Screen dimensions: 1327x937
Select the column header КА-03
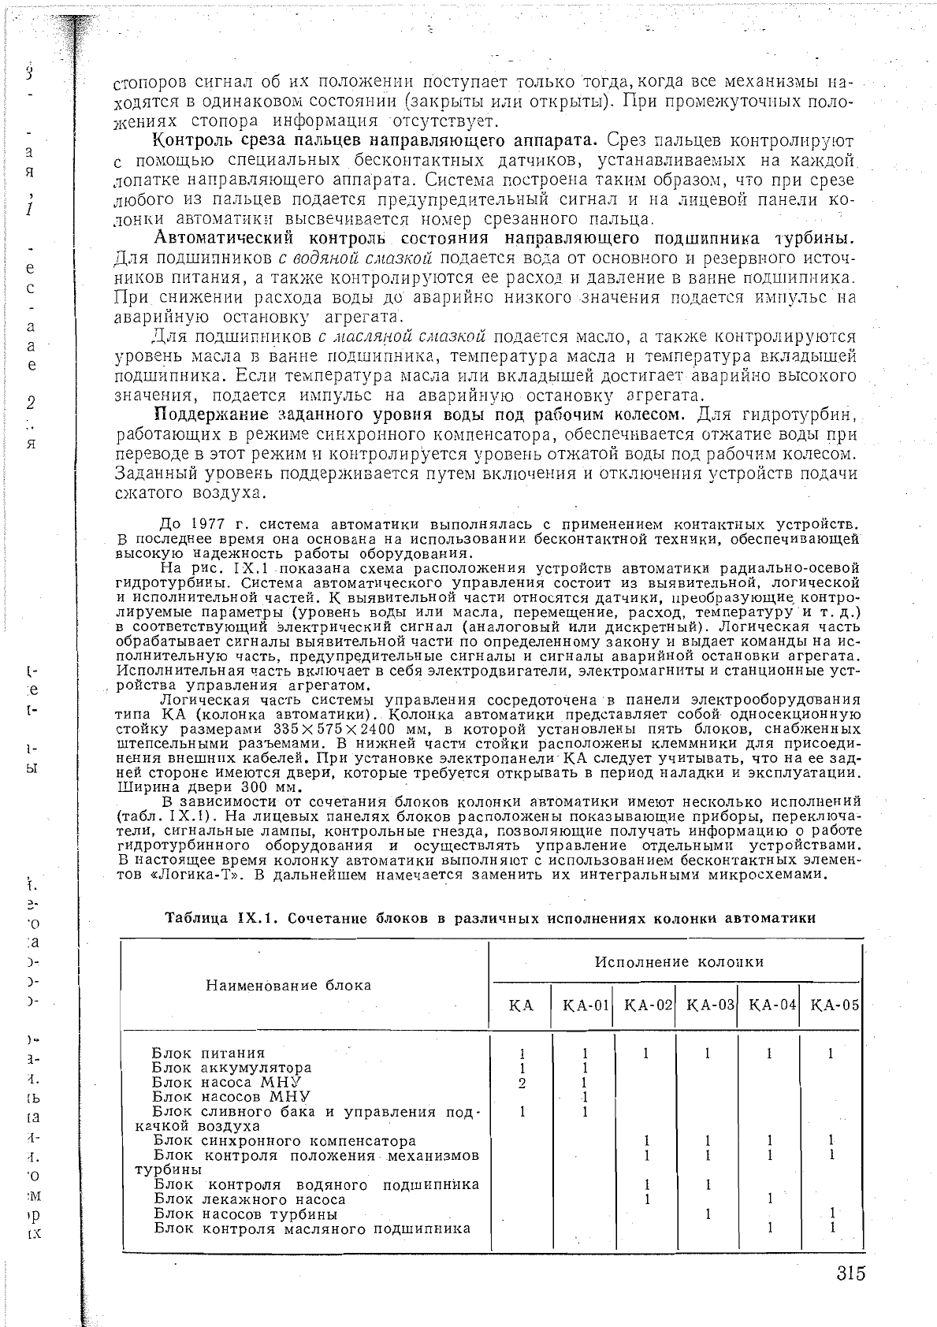[707, 1005]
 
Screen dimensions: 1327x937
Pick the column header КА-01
[582, 1005]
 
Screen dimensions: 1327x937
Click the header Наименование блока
[288, 985]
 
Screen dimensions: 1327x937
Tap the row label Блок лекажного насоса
[250, 1199]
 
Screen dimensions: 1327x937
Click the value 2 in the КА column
[522, 1083]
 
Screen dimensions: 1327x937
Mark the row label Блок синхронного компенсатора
[284, 1140]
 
